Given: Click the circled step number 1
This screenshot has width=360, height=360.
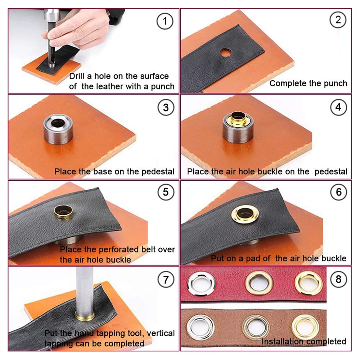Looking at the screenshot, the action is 165,21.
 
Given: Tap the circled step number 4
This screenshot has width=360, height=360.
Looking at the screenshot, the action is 338,107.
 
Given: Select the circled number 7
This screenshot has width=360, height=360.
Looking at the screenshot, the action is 166,280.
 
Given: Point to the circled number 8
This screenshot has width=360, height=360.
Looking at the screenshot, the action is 338,279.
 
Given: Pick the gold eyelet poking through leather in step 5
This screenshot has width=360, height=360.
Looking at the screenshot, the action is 63,211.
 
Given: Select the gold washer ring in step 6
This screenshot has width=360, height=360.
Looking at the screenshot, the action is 245,214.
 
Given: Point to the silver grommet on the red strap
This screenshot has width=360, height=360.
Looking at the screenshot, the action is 201,284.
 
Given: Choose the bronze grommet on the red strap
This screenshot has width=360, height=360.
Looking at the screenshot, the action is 259,283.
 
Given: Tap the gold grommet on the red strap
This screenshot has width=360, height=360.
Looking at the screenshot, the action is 309,283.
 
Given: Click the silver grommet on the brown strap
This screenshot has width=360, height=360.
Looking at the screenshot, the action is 201,327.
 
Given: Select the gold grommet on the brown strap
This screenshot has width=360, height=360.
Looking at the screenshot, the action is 305,327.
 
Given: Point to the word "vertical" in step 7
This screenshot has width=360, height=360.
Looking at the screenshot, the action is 161,333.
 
